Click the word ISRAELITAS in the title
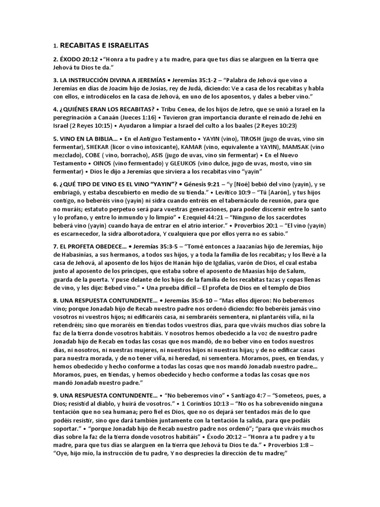pyautogui.click(x=124, y=45)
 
